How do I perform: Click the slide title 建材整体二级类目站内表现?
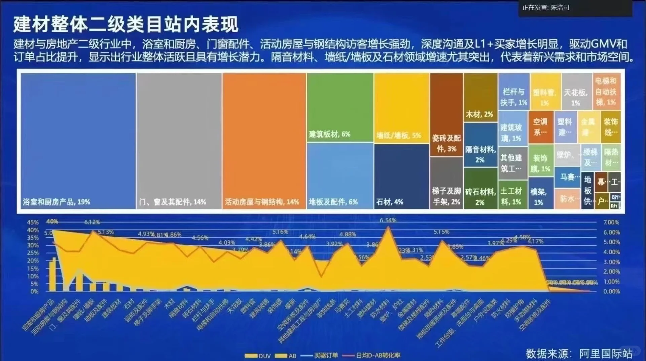pos(125,24)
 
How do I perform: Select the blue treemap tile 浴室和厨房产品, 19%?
pos(78,141)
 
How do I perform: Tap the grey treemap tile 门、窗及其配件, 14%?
pos(179,141)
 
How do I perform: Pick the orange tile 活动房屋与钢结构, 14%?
pos(264,141)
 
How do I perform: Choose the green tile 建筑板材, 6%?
pos(340,108)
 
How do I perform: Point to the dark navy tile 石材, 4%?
pos(401,176)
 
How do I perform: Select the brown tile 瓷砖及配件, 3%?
pos(446,114)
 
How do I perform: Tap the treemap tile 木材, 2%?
pos(480,97)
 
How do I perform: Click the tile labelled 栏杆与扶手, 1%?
pos(514,91)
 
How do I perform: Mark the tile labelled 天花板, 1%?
pos(576,91)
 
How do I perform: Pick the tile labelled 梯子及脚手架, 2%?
pos(446,183)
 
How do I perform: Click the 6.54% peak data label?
pos(388,220)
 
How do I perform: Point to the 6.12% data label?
pos(92,222)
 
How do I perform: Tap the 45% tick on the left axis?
pos(33,223)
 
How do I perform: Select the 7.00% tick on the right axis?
pos(611,223)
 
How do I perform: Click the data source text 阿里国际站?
pos(606,353)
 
